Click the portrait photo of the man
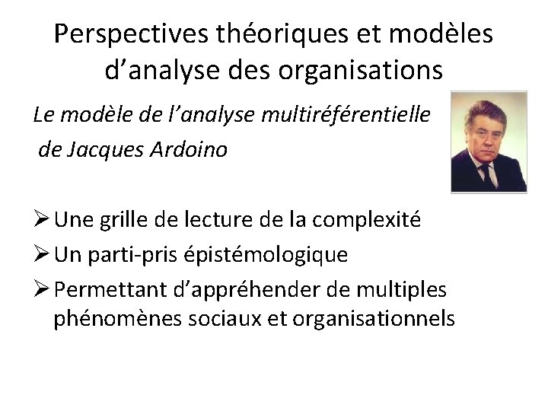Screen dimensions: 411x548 tap(489, 142)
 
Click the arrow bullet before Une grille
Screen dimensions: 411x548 tap(41, 220)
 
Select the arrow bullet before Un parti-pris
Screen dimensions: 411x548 tap(41, 254)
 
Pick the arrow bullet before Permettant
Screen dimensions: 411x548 tap(41, 289)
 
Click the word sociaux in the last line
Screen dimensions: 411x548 tap(218, 317)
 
